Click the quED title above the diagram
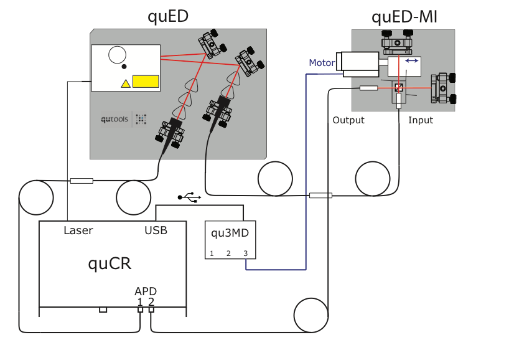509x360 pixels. tap(168, 16)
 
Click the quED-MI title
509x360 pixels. tap(404, 16)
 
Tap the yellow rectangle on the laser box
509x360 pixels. tap(145, 81)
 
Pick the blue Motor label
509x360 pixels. tap(322, 63)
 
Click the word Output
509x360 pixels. tap(348, 120)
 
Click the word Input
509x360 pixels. tap(421, 120)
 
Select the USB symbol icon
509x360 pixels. tap(189, 197)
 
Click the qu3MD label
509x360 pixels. tap(230, 233)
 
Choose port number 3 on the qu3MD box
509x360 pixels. tap(245, 253)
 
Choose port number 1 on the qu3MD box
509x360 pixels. tap(212, 253)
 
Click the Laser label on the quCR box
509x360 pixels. tap(78, 230)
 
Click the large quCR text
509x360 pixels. tap(109, 263)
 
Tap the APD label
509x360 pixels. tap(146, 291)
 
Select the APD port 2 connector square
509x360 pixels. tap(151, 310)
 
